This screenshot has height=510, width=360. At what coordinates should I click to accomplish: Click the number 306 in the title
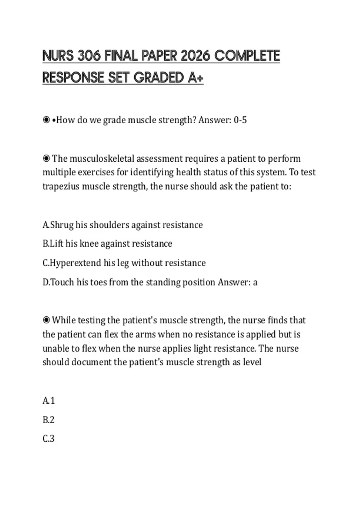click(x=89, y=56)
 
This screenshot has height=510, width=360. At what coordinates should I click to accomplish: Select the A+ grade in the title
click(x=196, y=78)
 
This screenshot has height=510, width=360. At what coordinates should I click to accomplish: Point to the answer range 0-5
click(x=240, y=120)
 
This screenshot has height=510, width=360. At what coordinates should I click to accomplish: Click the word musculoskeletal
click(x=102, y=159)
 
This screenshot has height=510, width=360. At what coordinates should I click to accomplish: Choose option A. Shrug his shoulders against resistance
click(x=122, y=225)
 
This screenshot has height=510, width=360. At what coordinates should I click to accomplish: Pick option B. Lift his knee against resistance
click(x=107, y=244)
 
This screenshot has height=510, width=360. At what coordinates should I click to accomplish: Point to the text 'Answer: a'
click(x=238, y=282)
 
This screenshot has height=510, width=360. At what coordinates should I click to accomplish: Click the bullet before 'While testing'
click(x=46, y=320)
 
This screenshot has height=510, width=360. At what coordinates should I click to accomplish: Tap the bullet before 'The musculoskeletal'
click(x=46, y=158)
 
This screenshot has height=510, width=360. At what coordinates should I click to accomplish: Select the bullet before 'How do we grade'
click(x=46, y=120)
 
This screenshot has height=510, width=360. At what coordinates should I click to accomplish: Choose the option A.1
click(x=49, y=401)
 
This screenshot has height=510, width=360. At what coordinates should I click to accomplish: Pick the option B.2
click(x=49, y=420)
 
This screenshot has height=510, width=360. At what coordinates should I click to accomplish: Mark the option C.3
click(x=49, y=439)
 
